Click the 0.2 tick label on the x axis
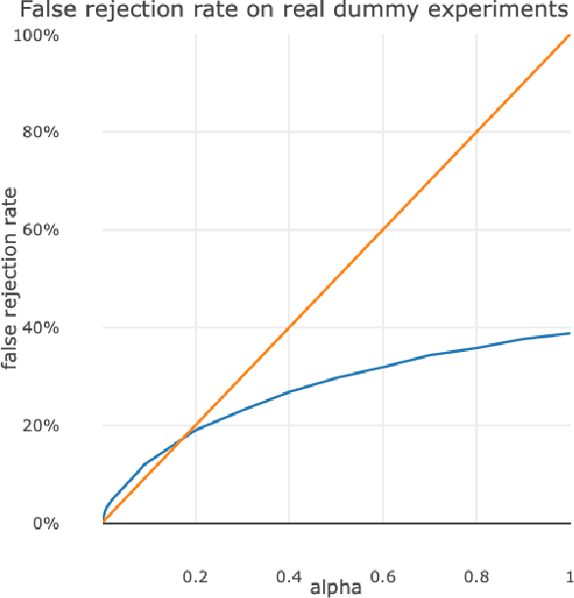point(196,574)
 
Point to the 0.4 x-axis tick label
point(289,574)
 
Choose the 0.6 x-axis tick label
point(383,574)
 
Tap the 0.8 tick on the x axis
point(476,574)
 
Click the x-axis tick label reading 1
point(568,574)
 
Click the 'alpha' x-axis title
point(336,587)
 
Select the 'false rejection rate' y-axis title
point(12,279)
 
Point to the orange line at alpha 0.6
point(383,230)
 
